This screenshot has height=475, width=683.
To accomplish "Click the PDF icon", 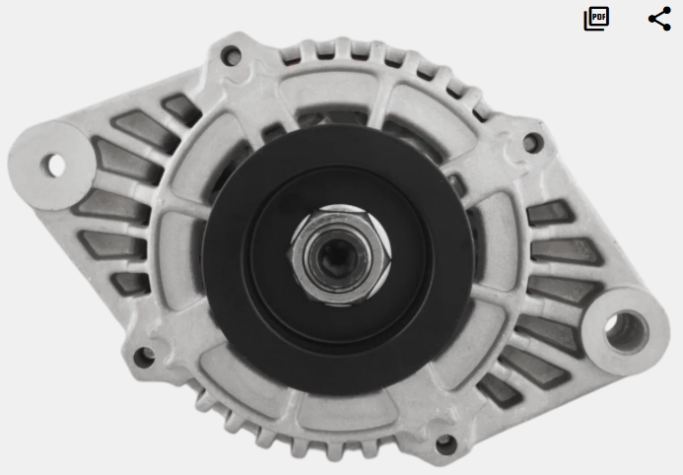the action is (596, 19).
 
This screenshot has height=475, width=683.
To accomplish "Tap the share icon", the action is (659, 19).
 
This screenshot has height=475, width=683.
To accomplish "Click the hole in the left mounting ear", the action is (53, 166).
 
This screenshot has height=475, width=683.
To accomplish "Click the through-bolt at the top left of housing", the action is (231, 56).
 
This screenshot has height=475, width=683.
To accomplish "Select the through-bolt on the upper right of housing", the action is (532, 142).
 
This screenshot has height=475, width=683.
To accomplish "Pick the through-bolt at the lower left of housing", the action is (144, 357).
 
